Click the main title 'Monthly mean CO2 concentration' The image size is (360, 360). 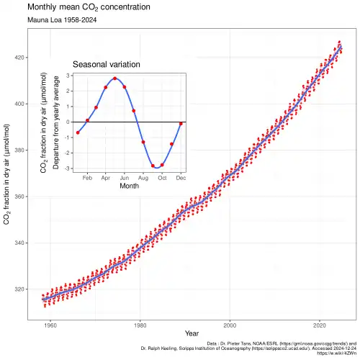(x=89, y=7)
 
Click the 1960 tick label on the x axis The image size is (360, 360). (x=50, y=325)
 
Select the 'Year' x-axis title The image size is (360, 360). (x=192, y=334)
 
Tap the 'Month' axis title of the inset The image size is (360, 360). (x=129, y=186)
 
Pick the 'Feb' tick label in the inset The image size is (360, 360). (x=87, y=176)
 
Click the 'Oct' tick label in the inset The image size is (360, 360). (x=162, y=176)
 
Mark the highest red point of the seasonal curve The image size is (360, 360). (x=115, y=78)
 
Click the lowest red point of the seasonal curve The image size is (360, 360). (x=153, y=166)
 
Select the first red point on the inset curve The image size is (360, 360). (x=78, y=132)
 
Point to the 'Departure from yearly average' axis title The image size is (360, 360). (x=55, y=122)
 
